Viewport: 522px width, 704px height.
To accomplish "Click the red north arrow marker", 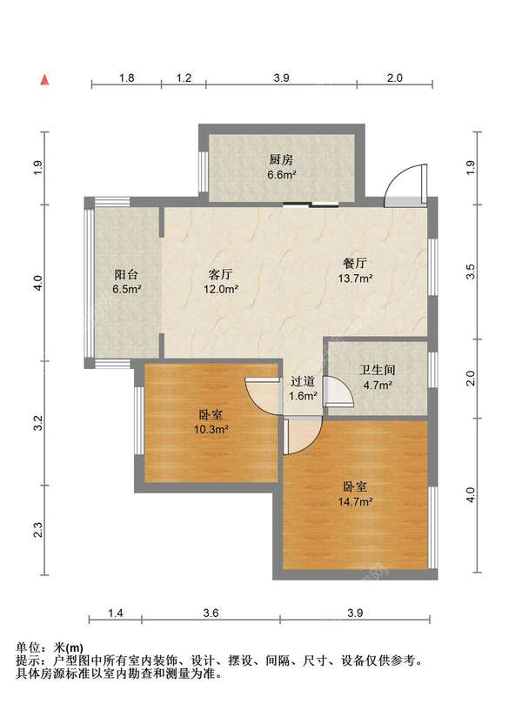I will coord(43,80).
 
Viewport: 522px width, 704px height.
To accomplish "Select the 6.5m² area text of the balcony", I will coord(127,289).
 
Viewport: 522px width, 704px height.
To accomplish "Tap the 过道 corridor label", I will coord(302,381).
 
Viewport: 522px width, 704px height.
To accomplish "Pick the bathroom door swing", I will coord(337,393).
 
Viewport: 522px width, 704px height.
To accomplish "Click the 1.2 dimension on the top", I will coord(184,77).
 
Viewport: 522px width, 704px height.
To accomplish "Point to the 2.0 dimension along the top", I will coord(394,77).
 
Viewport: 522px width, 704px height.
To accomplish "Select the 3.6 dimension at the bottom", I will coord(210,613).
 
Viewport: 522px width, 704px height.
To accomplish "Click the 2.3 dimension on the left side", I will coord(37,530).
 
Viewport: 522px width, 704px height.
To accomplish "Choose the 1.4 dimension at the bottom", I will coord(116,613).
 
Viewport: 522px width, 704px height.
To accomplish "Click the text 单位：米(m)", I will coord(50,647).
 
